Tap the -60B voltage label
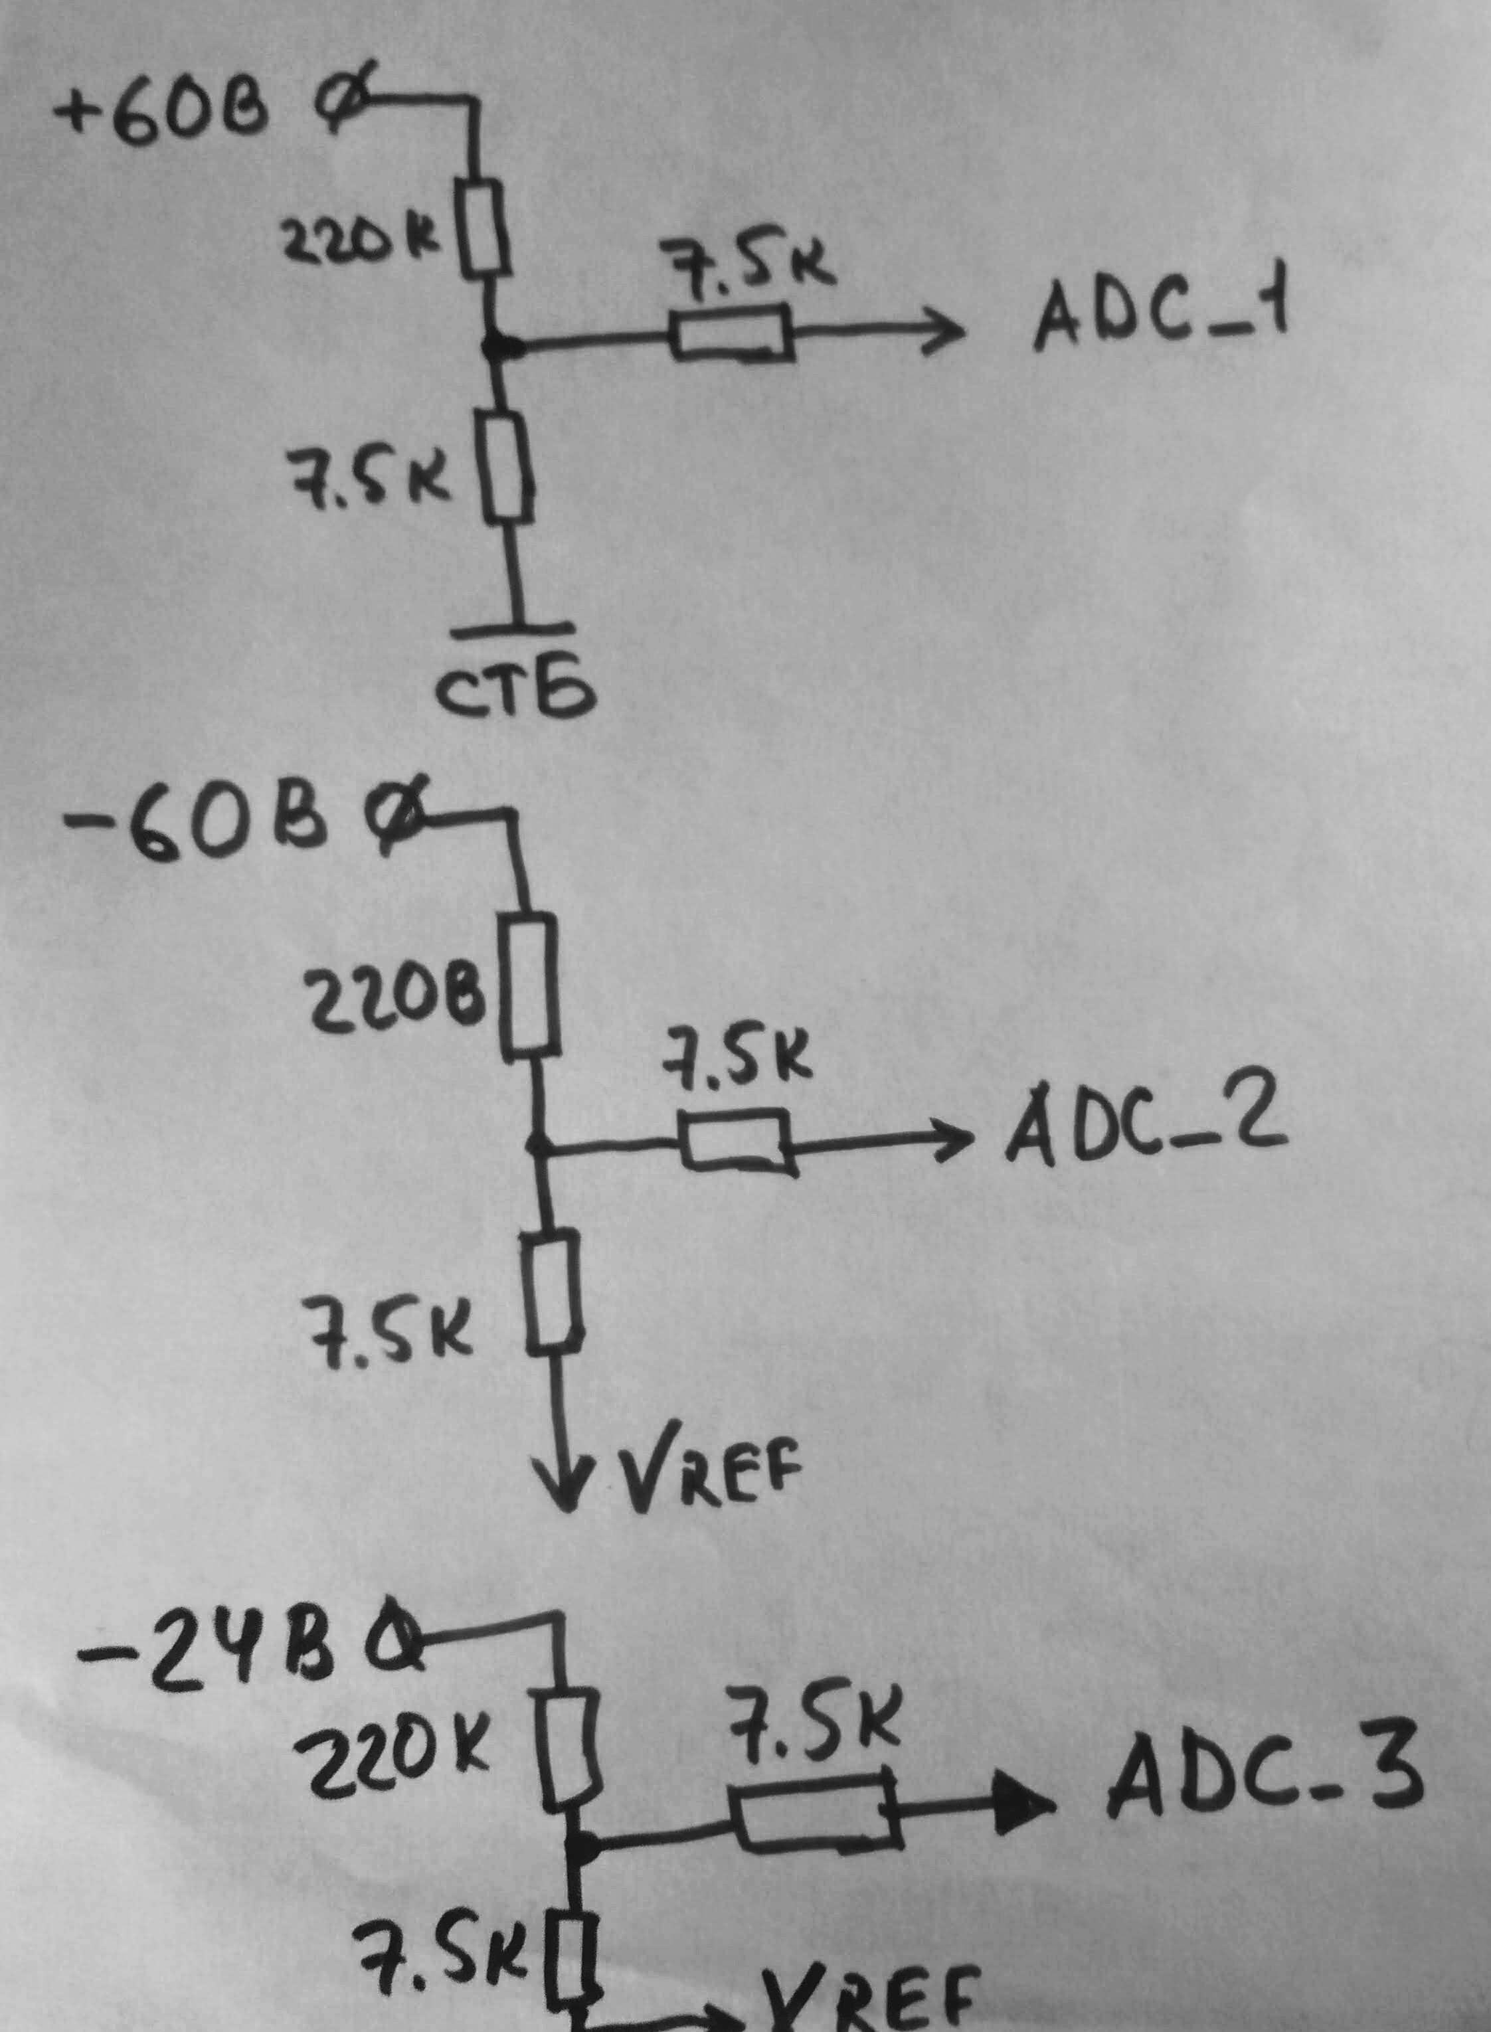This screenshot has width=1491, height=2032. click(194, 825)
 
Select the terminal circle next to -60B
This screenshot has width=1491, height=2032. click(395, 821)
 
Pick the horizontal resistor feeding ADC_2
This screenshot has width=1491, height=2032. click(736, 1142)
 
